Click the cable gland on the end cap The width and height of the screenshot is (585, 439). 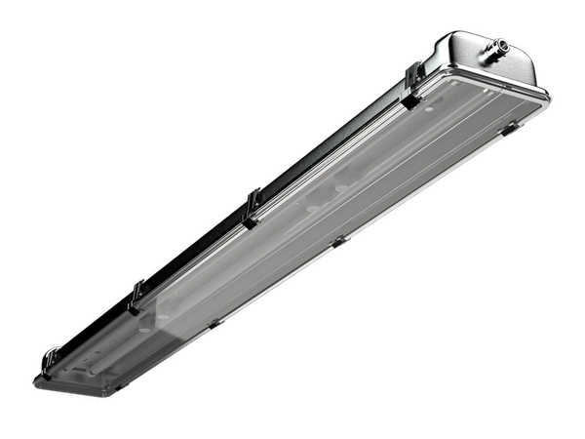[x=498, y=45]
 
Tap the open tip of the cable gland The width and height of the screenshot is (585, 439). [x=505, y=42]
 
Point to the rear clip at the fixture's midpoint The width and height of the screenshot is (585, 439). [x=253, y=206]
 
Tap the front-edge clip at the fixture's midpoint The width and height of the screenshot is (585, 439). [x=338, y=240]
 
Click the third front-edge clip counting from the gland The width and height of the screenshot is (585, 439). [x=214, y=322]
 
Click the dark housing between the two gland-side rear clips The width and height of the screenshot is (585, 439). [x=331, y=146]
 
